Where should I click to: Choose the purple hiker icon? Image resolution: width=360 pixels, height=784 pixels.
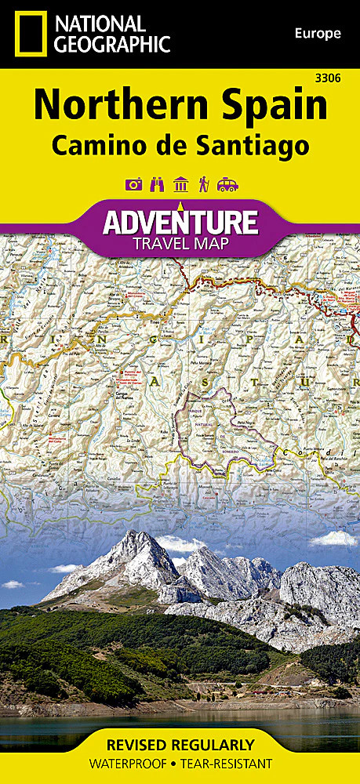(204, 186)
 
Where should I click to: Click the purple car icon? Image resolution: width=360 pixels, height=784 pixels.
(227, 186)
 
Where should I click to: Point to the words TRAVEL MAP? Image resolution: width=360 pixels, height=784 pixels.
(180, 244)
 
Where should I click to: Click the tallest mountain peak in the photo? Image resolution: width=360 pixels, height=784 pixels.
(141, 535)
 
